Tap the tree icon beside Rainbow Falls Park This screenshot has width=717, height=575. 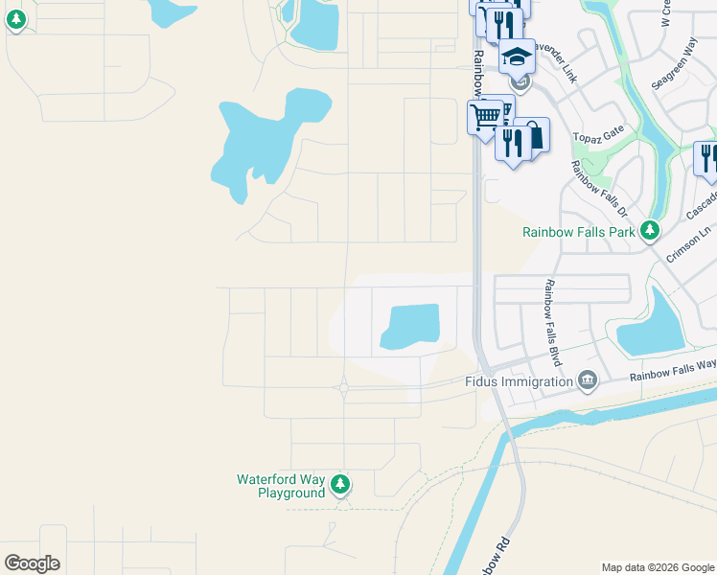tap(650, 230)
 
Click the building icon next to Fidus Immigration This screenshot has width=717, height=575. tap(588, 381)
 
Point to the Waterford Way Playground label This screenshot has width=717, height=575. tap(281, 486)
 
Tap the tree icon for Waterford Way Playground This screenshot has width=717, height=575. tap(339, 485)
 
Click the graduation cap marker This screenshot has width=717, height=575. tap(518, 58)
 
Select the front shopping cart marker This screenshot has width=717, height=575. tap(486, 117)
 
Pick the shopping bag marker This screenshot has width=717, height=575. tap(531, 136)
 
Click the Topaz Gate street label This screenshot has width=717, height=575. tap(598, 134)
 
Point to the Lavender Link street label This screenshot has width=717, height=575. tap(557, 61)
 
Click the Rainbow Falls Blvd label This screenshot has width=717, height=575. tap(553, 323)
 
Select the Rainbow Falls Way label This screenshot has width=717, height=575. tap(672, 370)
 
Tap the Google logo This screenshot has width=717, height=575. tap(32, 563)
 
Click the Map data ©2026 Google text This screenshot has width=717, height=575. tap(657, 567)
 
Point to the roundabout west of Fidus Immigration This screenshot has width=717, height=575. tap(343, 387)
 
